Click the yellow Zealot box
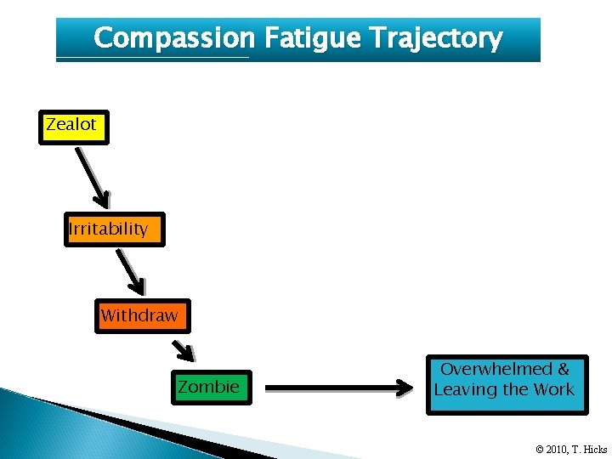click(72, 126)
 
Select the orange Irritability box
click(114, 229)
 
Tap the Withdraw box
click(141, 316)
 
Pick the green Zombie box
click(211, 388)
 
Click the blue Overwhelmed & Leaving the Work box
click(506, 384)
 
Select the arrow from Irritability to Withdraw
click(130, 272)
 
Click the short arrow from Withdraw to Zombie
click(184, 348)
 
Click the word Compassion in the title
click(173, 38)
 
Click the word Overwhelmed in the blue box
click(496, 369)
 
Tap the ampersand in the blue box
click(564, 369)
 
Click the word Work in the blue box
click(554, 390)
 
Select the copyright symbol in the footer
click(541, 450)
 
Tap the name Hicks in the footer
click(595, 450)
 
